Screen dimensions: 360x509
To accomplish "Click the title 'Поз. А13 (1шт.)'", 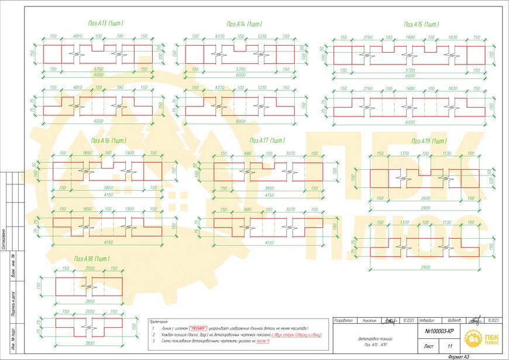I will [105, 23].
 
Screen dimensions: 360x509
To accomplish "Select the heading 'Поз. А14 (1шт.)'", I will [244, 24].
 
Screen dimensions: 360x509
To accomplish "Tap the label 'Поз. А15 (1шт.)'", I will [421, 24].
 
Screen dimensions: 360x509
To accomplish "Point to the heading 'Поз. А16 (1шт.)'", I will [109, 140].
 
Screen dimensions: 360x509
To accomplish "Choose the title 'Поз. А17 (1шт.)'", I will [267, 140].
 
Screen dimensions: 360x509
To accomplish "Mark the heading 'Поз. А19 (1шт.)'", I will [429, 141].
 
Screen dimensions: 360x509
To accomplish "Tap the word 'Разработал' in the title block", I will [344, 321].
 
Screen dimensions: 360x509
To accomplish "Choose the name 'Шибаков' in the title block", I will [455, 321].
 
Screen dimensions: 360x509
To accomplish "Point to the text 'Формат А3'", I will [458, 356].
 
